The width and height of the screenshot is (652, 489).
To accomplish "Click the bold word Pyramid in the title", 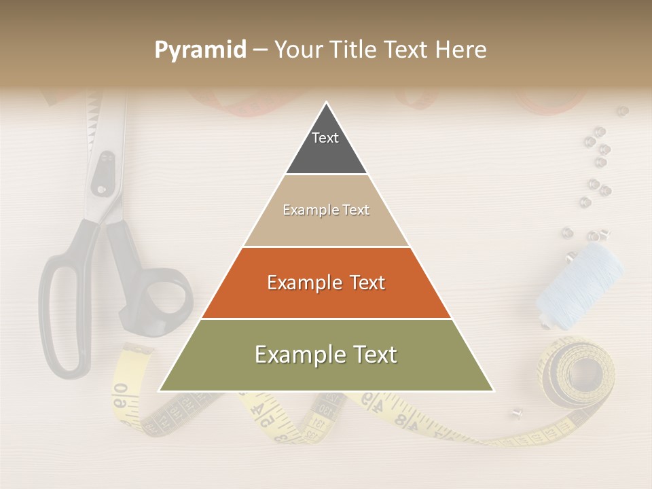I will (x=200, y=50).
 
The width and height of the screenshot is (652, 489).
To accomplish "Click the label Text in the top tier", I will (x=325, y=138).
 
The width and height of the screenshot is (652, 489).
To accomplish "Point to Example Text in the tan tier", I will (x=326, y=210).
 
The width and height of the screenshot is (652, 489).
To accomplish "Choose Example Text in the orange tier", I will (x=326, y=283).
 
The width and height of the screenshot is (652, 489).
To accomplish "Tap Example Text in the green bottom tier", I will (x=326, y=355).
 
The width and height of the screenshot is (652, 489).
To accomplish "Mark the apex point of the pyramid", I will (x=327, y=103).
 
